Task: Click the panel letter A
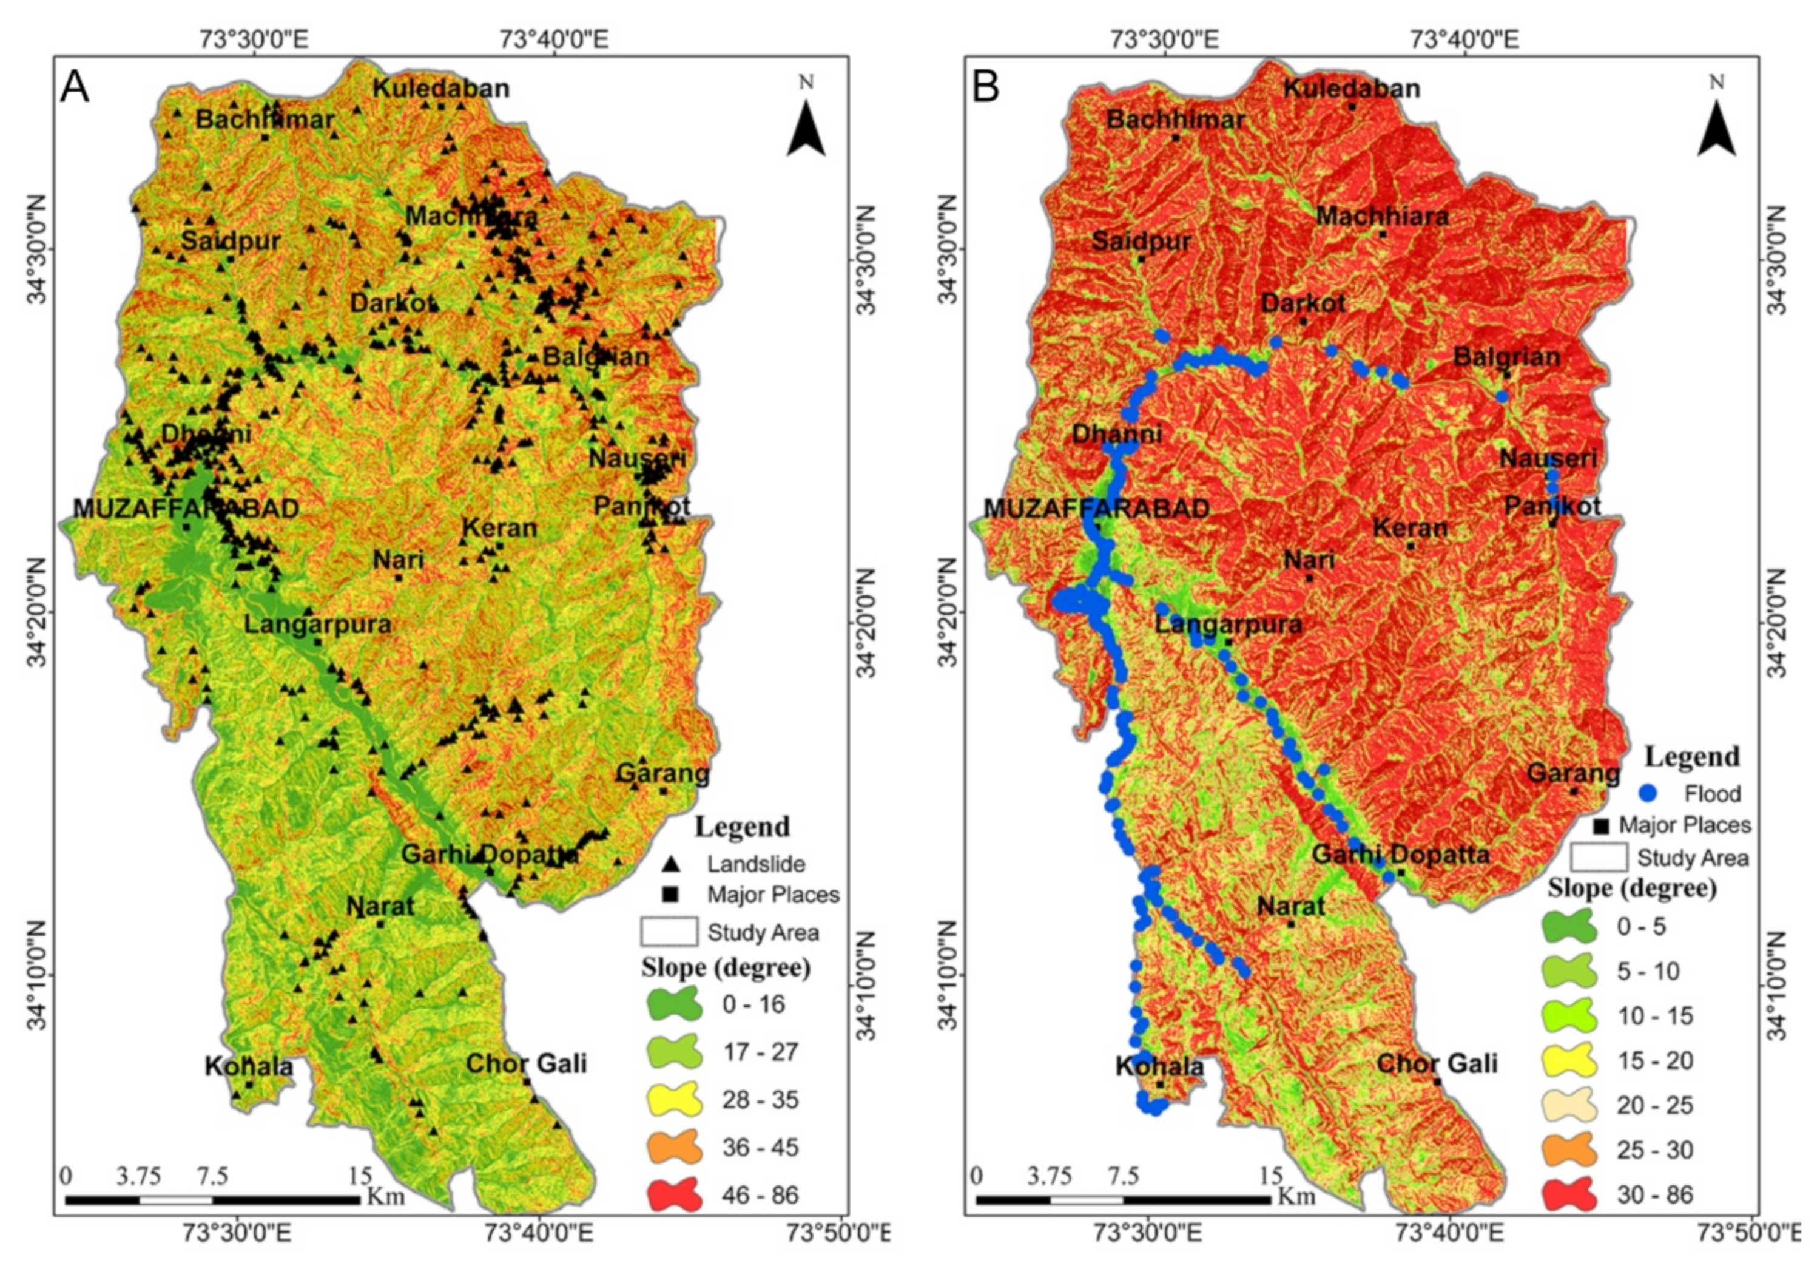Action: pos(75,86)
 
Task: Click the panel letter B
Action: pos(986,86)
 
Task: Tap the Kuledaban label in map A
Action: pos(442,88)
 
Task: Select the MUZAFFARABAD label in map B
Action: pos(1096,508)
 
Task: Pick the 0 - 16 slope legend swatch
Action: pos(674,1005)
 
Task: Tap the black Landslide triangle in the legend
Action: pos(672,864)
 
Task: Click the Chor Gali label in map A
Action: pos(527,1063)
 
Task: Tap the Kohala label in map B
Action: pos(1159,1066)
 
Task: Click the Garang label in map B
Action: pos(1573,773)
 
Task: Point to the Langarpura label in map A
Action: pos(317,623)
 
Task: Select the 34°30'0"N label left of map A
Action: pos(39,248)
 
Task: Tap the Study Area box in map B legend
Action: pos(1599,858)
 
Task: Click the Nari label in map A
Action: pos(399,560)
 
